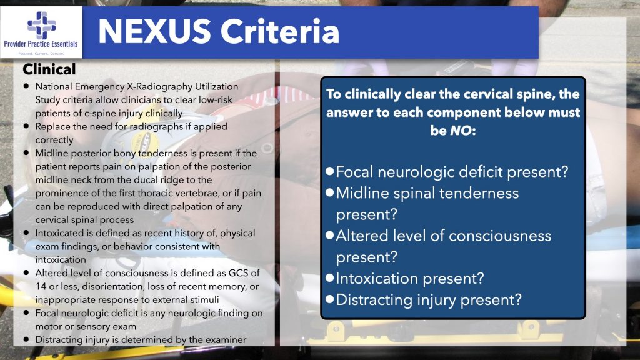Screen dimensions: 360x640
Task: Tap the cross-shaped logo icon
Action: click(x=41, y=25)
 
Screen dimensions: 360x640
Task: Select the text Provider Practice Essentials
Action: click(x=41, y=44)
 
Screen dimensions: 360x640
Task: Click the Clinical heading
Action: click(x=49, y=69)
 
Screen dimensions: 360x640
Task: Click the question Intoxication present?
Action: click(x=409, y=278)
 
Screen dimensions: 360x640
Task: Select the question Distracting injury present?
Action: click(x=428, y=299)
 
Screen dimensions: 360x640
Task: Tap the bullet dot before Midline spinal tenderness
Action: click(x=329, y=192)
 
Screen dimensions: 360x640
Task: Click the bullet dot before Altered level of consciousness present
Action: click(x=329, y=236)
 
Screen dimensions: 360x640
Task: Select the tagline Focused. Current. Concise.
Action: click(x=41, y=52)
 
